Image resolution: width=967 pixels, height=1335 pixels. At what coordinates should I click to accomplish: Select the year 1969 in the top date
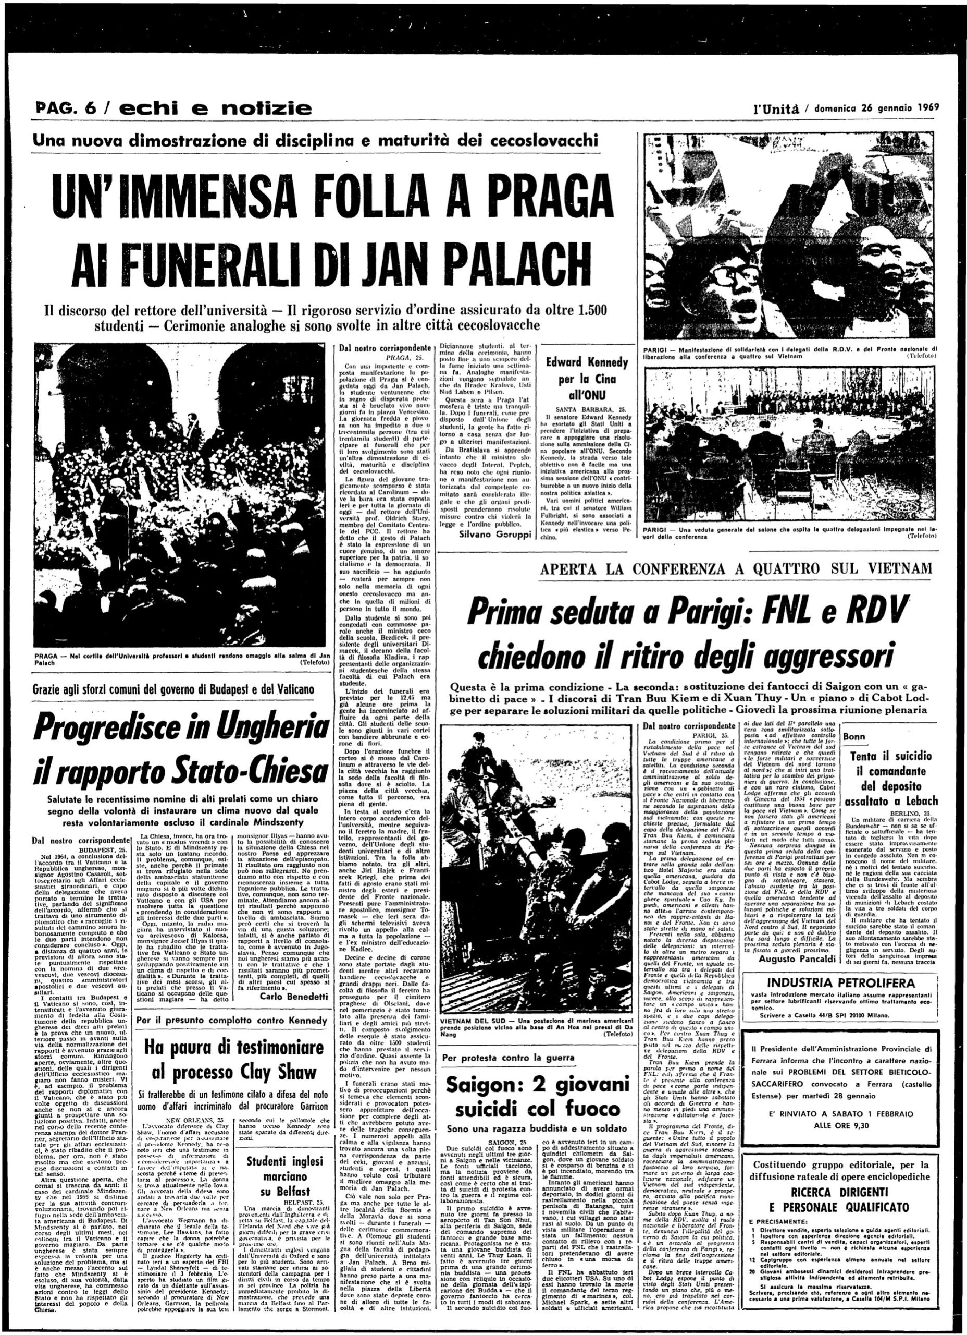(x=925, y=108)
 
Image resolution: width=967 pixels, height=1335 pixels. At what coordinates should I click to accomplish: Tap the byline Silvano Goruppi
(x=487, y=533)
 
